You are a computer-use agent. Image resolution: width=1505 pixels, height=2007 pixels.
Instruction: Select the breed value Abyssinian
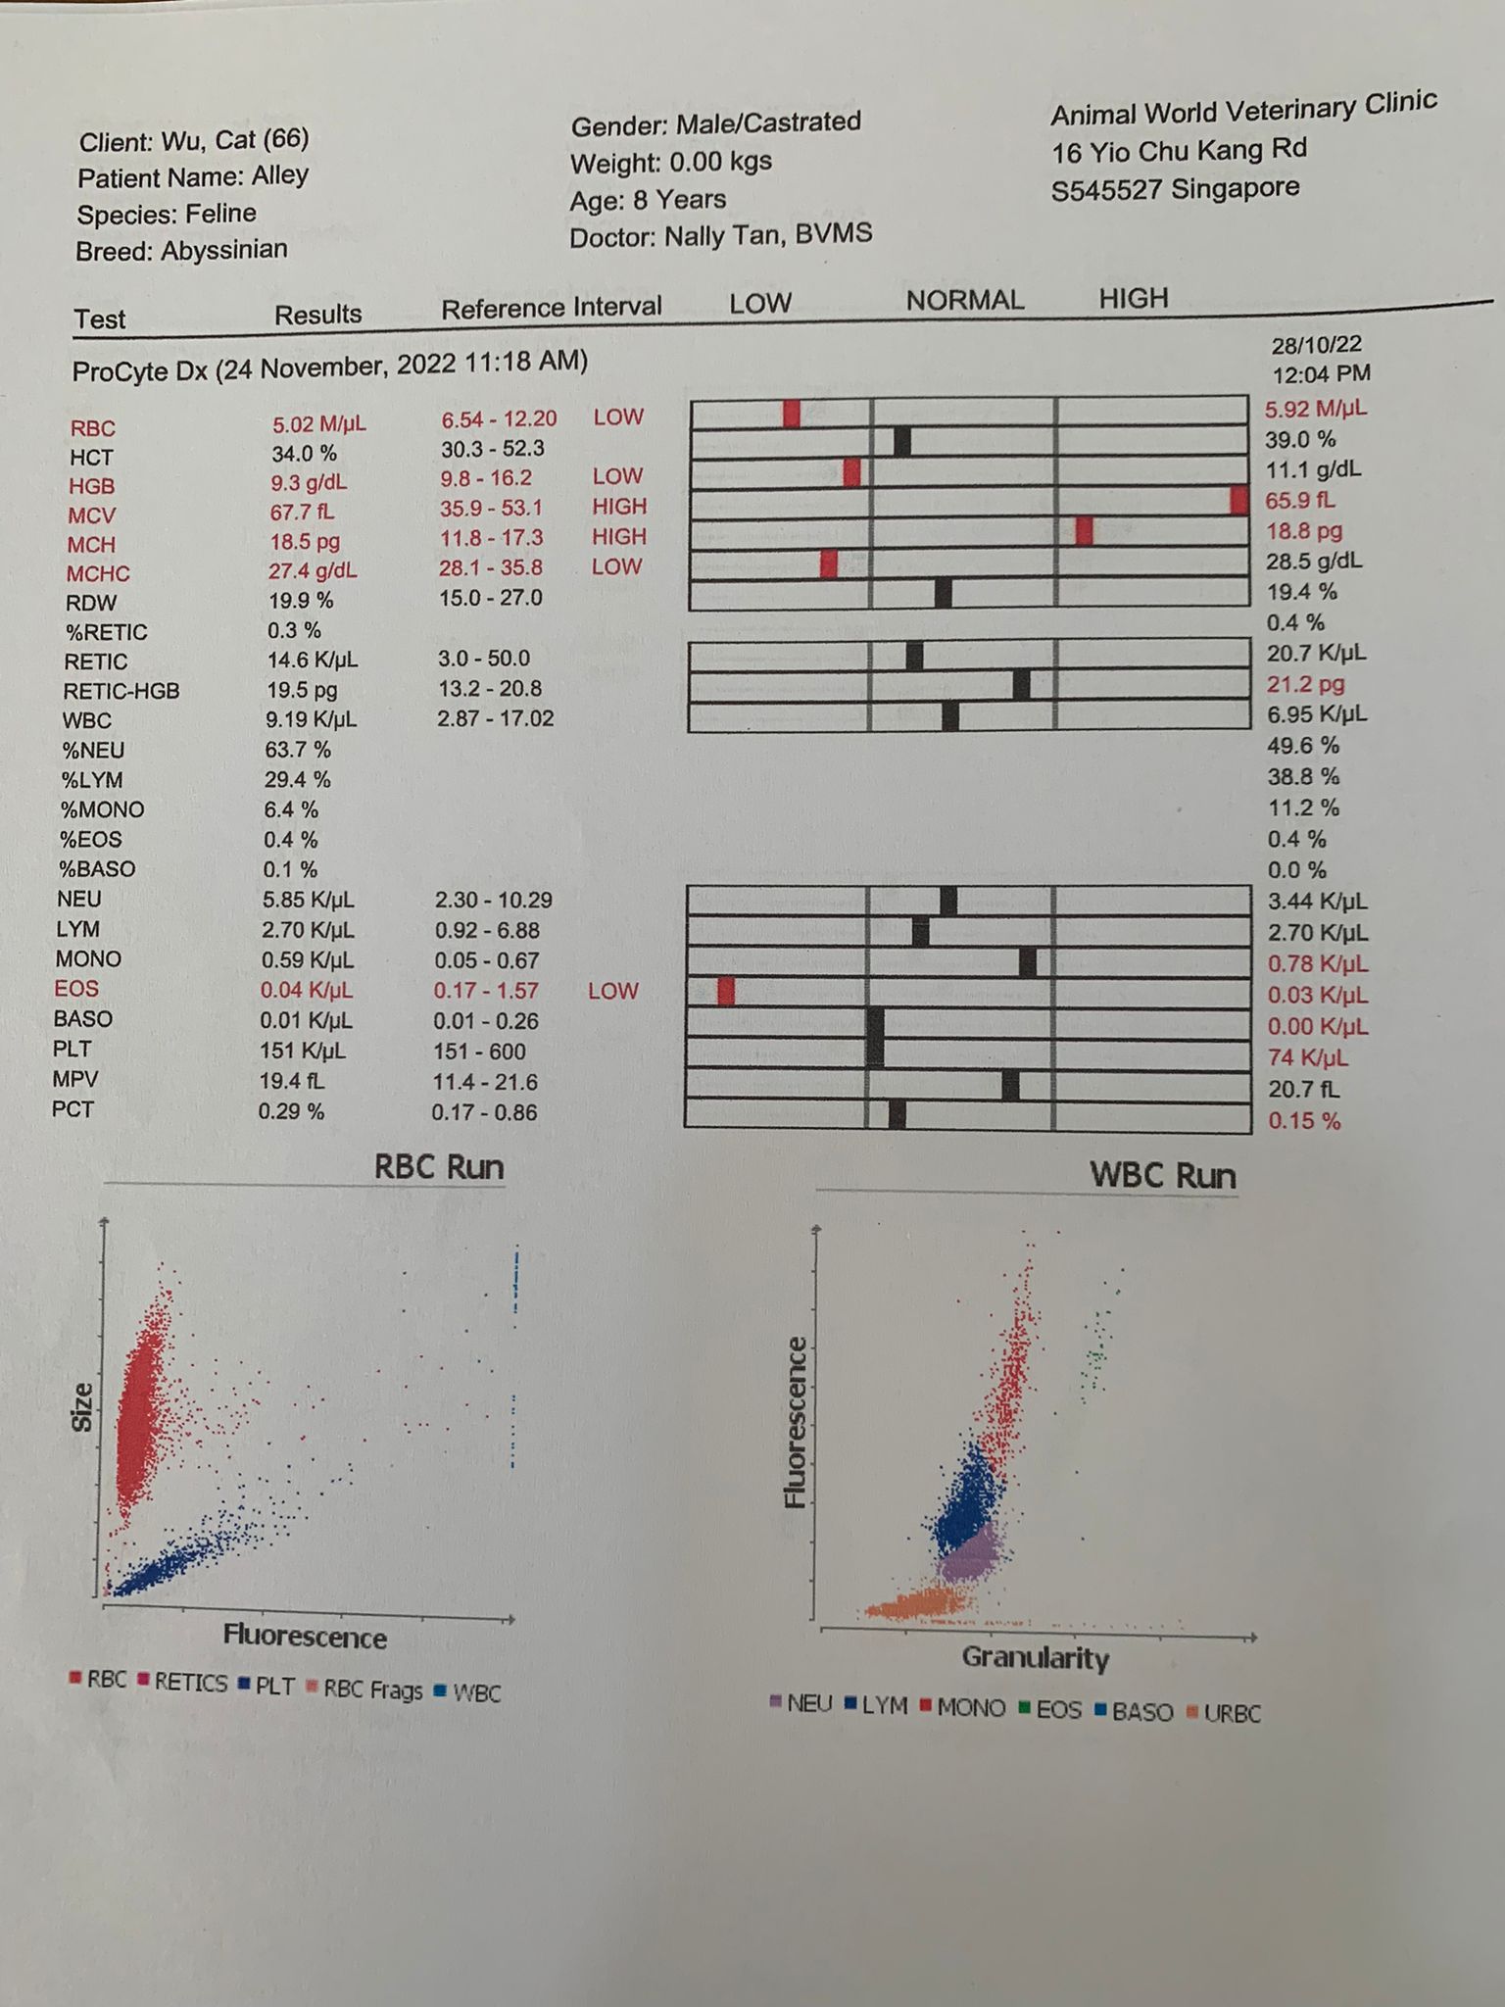[224, 250]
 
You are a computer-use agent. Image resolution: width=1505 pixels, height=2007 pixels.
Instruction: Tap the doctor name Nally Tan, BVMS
[768, 235]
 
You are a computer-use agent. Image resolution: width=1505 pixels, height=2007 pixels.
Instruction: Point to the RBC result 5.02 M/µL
[318, 424]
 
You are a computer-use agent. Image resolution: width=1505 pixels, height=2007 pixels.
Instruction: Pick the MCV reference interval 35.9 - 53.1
[491, 508]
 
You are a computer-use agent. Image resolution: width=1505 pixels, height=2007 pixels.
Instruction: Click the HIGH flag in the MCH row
[619, 536]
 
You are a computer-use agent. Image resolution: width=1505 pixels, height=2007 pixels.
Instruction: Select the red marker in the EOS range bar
[726, 992]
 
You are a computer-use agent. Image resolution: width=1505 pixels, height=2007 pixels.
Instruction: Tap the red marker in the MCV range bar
[1238, 500]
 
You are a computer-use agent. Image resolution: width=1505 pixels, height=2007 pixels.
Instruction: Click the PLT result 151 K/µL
[303, 1051]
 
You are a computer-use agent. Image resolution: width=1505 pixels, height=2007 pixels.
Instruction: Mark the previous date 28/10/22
[1316, 345]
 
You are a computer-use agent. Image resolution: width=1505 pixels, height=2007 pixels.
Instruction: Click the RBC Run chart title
[439, 1167]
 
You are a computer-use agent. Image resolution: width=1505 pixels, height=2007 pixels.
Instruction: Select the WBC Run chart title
[1163, 1176]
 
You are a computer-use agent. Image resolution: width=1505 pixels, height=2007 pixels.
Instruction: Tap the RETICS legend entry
[190, 1683]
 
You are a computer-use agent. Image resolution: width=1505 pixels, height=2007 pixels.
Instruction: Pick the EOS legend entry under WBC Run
[1053, 1710]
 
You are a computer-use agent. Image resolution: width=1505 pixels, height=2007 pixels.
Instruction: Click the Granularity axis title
[1036, 1657]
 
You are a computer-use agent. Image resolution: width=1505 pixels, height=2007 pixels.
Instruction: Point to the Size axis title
[82, 1407]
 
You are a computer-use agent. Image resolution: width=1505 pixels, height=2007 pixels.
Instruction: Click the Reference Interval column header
[552, 308]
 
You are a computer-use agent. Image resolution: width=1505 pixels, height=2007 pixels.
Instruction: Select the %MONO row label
[102, 809]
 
